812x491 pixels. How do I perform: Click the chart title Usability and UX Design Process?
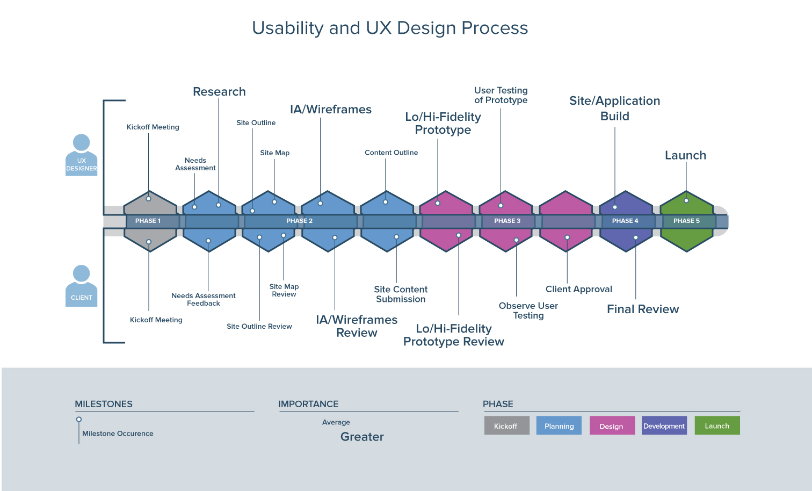pyautogui.click(x=390, y=28)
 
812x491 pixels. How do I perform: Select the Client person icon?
pyautogui.click(x=81, y=286)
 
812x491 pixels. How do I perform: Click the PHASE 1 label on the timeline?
pyautogui.click(x=148, y=221)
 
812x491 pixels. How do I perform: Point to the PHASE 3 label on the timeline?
pyautogui.click(x=507, y=221)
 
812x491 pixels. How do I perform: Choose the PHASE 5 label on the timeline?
pyautogui.click(x=686, y=221)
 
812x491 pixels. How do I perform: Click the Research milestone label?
pyautogui.click(x=219, y=92)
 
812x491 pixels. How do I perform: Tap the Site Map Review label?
pyautogui.click(x=284, y=291)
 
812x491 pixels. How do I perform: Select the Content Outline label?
pyautogui.click(x=391, y=153)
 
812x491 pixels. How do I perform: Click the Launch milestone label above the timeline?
pyautogui.click(x=685, y=155)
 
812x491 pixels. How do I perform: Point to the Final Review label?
pyautogui.click(x=643, y=309)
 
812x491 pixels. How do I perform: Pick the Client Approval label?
pyautogui.click(x=578, y=289)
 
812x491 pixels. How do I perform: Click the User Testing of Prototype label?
pyautogui.click(x=501, y=95)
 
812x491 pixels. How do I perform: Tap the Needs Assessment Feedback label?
pyautogui.click(x=204, y=299)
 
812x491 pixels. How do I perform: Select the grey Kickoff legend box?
pyautogui.click(x=506, y=426)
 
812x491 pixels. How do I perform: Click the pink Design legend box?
pyautogui.click(x=612, y=426)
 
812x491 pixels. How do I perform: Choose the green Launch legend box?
pyautogui.click(x=717, y=426)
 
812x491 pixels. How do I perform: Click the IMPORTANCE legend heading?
pyautogui.click(x=308, y=404)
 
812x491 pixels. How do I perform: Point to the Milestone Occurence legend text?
pyautogui.click(x=118, y=434)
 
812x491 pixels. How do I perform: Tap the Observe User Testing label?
pyautogui.click(x=528, y=311)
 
